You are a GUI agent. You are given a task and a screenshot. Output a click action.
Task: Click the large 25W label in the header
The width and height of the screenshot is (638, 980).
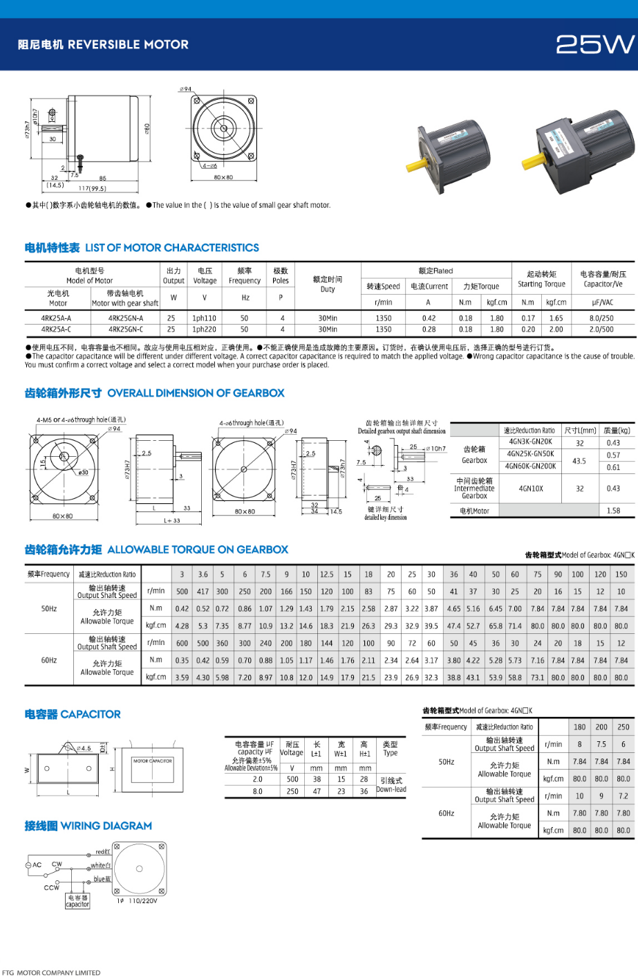pyautogui.click(x=594, y=44)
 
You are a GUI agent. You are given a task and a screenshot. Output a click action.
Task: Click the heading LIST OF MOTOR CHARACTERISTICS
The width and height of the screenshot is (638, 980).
pyautogui.click(x=171, y=248)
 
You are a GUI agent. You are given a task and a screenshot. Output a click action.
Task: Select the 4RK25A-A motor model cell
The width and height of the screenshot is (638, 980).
pyautogui.click(x=56, y=318)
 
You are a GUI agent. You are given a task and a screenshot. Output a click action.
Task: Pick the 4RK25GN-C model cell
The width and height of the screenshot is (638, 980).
pyautogui.click(x=125, y=329)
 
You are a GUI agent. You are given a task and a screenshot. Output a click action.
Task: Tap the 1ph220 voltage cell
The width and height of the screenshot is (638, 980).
pyautogui.click(x=205, y=329)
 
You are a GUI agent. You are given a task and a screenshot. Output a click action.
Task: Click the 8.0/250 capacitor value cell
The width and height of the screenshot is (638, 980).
pyautogui.click(x=602, y=318)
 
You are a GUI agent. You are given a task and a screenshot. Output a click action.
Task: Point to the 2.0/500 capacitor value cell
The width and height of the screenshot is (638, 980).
pyautogui.click(x=602, y=329)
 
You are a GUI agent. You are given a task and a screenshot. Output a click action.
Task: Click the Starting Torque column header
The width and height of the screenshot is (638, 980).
pyautogui.click(x=541, y=279)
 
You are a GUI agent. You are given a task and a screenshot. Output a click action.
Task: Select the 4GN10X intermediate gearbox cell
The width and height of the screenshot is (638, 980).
pyautogui.click(x=531, y=489)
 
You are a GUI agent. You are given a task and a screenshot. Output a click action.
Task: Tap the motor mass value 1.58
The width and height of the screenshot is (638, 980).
pyautogui.click(x=613, y=511)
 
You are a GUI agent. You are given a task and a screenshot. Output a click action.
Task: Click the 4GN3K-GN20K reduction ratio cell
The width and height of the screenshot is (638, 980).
pyautogui.click(x=530, y=442)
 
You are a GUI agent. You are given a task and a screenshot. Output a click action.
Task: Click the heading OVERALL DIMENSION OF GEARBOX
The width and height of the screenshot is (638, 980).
pyautogui.click(x=196, y=393)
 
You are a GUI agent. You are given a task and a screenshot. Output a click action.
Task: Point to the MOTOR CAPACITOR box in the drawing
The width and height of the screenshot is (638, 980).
pyautogui.click(x=153, y=761)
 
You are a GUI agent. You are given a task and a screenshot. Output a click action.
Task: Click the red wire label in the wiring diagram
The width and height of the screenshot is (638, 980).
pyautogui.click(x=102, y=852)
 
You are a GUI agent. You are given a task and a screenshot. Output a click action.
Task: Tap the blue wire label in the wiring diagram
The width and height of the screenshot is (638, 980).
pyautogui.click(x=102, y=880)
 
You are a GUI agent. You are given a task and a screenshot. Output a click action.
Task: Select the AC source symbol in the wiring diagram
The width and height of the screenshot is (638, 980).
pyautogui.click(x=29, y=864)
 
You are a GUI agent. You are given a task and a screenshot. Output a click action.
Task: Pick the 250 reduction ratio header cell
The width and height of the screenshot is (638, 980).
pyautogui.click(x=623, y=727)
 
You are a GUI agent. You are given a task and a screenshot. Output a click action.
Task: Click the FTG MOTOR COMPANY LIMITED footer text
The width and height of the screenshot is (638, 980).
pyautogui.click(x=51, y=972)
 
